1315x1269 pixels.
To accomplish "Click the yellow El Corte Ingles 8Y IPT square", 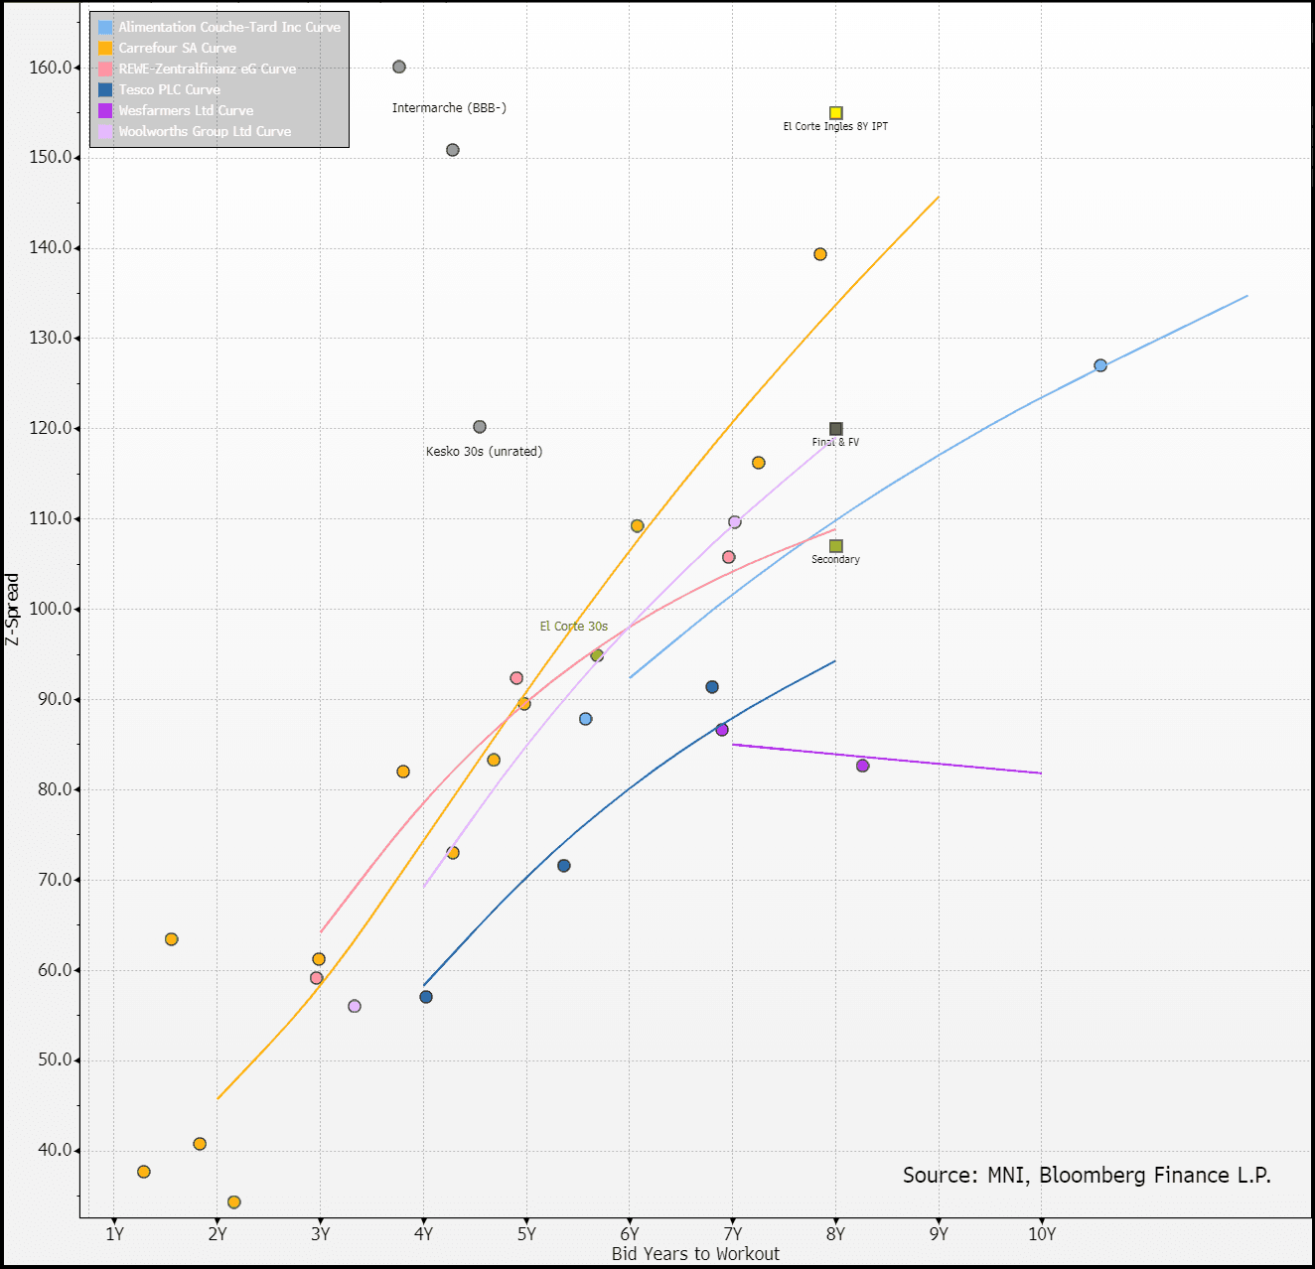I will (x=835, y=113).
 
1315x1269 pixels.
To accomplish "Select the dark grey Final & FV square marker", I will (x=835, y=429).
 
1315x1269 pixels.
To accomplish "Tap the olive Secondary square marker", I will (x=835, y=546).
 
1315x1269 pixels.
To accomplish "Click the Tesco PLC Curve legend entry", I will (x=169, y=89).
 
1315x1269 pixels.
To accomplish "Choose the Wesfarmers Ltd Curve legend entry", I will (x=185, y=110).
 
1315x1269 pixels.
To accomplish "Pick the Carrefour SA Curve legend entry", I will (x=177, y=48).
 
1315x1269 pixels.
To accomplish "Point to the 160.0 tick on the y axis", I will (x=52, y=68).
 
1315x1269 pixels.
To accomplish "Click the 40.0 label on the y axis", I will (x=56, y=1150).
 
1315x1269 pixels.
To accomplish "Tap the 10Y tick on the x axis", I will (x=1041, y=1234).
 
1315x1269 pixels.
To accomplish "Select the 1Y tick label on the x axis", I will (x=114, y=1234).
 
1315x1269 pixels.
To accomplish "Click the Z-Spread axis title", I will (x=12, y=610).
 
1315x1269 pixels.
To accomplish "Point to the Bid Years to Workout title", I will (x=695, y=1254).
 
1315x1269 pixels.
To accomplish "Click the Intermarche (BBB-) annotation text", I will (x=449, y=108).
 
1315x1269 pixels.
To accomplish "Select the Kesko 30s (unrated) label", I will (x=484, y=452).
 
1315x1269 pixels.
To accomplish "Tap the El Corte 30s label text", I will (x=573, y=627).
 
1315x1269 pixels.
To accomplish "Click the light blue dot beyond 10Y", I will (x=1100, y=365).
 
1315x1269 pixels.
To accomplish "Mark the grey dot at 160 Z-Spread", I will (x=399, y=68).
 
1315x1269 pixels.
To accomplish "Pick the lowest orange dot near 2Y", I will (x=234, y=1202).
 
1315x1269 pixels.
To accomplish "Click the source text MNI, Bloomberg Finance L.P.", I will (x=1087, y=1176).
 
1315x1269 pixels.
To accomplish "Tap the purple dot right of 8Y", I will (x=862, y=766).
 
